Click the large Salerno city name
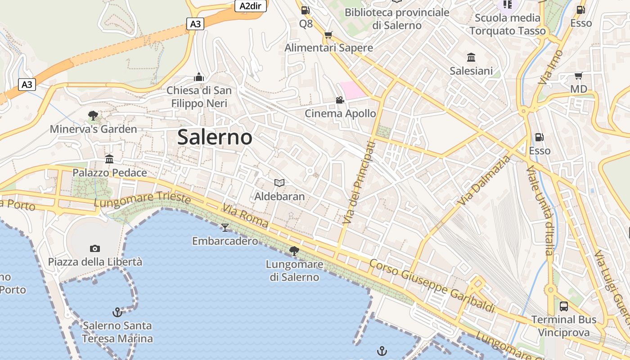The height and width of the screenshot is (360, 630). pyautogui.click(x=215, y=137)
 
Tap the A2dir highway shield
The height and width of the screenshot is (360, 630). pyautogui.click(x=251, y=6)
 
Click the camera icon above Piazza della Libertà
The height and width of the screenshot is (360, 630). pyautogui.click(x=94, y=248)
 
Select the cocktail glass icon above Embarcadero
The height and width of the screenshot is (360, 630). pyautogui.click(x=225, y=227)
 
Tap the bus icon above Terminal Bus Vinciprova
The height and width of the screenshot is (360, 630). pyautogui.click(x=563, y=306)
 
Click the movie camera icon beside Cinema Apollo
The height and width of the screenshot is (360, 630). pyautogui.click(x=340, y=100)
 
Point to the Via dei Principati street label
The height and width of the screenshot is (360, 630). pyautogui.click(x=358, y=183)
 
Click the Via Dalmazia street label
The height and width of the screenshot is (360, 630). pyautogui.click(x=484, y=180)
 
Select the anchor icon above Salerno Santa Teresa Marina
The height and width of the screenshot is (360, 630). pyautogui.click(x=117, y=312)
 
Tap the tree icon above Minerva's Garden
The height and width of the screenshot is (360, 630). pyautogui.click(x=93, y=116)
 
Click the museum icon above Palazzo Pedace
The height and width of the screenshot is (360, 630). pyautogui.click(x=109, y=159)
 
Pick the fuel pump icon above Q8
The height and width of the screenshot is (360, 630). pyautogui.click(x=306, y=10)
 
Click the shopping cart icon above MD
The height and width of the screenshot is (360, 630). pyautogui.click(x=578, y=76)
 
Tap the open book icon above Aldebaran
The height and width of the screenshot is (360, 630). pyautogui.click(x=279, y=183)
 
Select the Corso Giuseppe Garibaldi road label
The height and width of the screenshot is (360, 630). pyautogui.click(x=432, y=286)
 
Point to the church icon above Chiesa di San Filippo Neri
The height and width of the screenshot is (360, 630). pyautogui.click(x=199, y=77)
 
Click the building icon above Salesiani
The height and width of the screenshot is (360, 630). pyautogui.click(x=471, y=57)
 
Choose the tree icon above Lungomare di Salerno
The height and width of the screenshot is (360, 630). pyautogui.click(x=294, y=251)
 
